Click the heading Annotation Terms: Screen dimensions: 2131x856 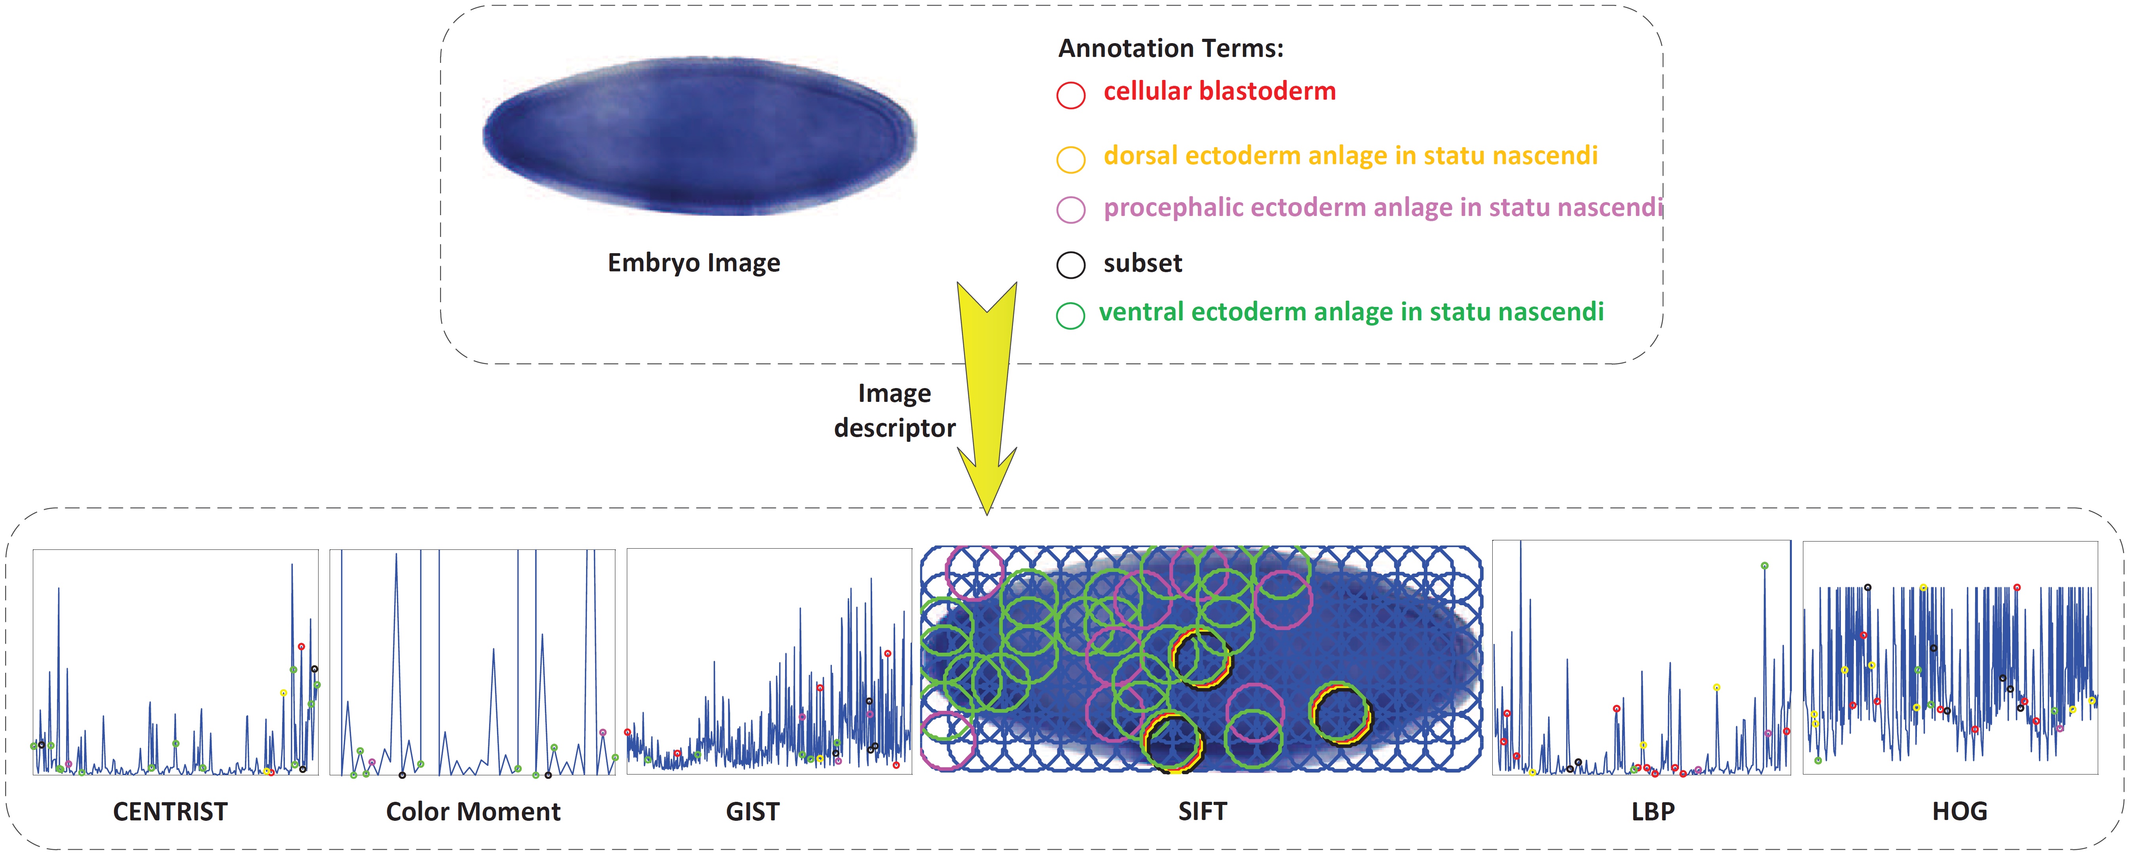(x=1171, y=48)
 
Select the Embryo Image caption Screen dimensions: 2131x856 (x=693, y=263)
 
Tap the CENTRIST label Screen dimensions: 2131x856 (x=171, y=811)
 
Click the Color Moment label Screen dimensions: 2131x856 (x=473, y=811)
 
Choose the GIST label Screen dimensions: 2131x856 (x=753, y=811)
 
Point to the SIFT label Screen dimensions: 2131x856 (x=1203, y=811)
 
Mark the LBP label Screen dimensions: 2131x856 (x=1653, y=811)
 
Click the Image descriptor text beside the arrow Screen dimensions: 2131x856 (x=894, y=410)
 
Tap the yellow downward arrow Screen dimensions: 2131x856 (x=987, y=397)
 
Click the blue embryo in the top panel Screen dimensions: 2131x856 (x=699, y=136)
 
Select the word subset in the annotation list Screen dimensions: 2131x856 (x=1142, y=263)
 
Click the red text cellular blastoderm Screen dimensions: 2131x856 (x=1219, y=91)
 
